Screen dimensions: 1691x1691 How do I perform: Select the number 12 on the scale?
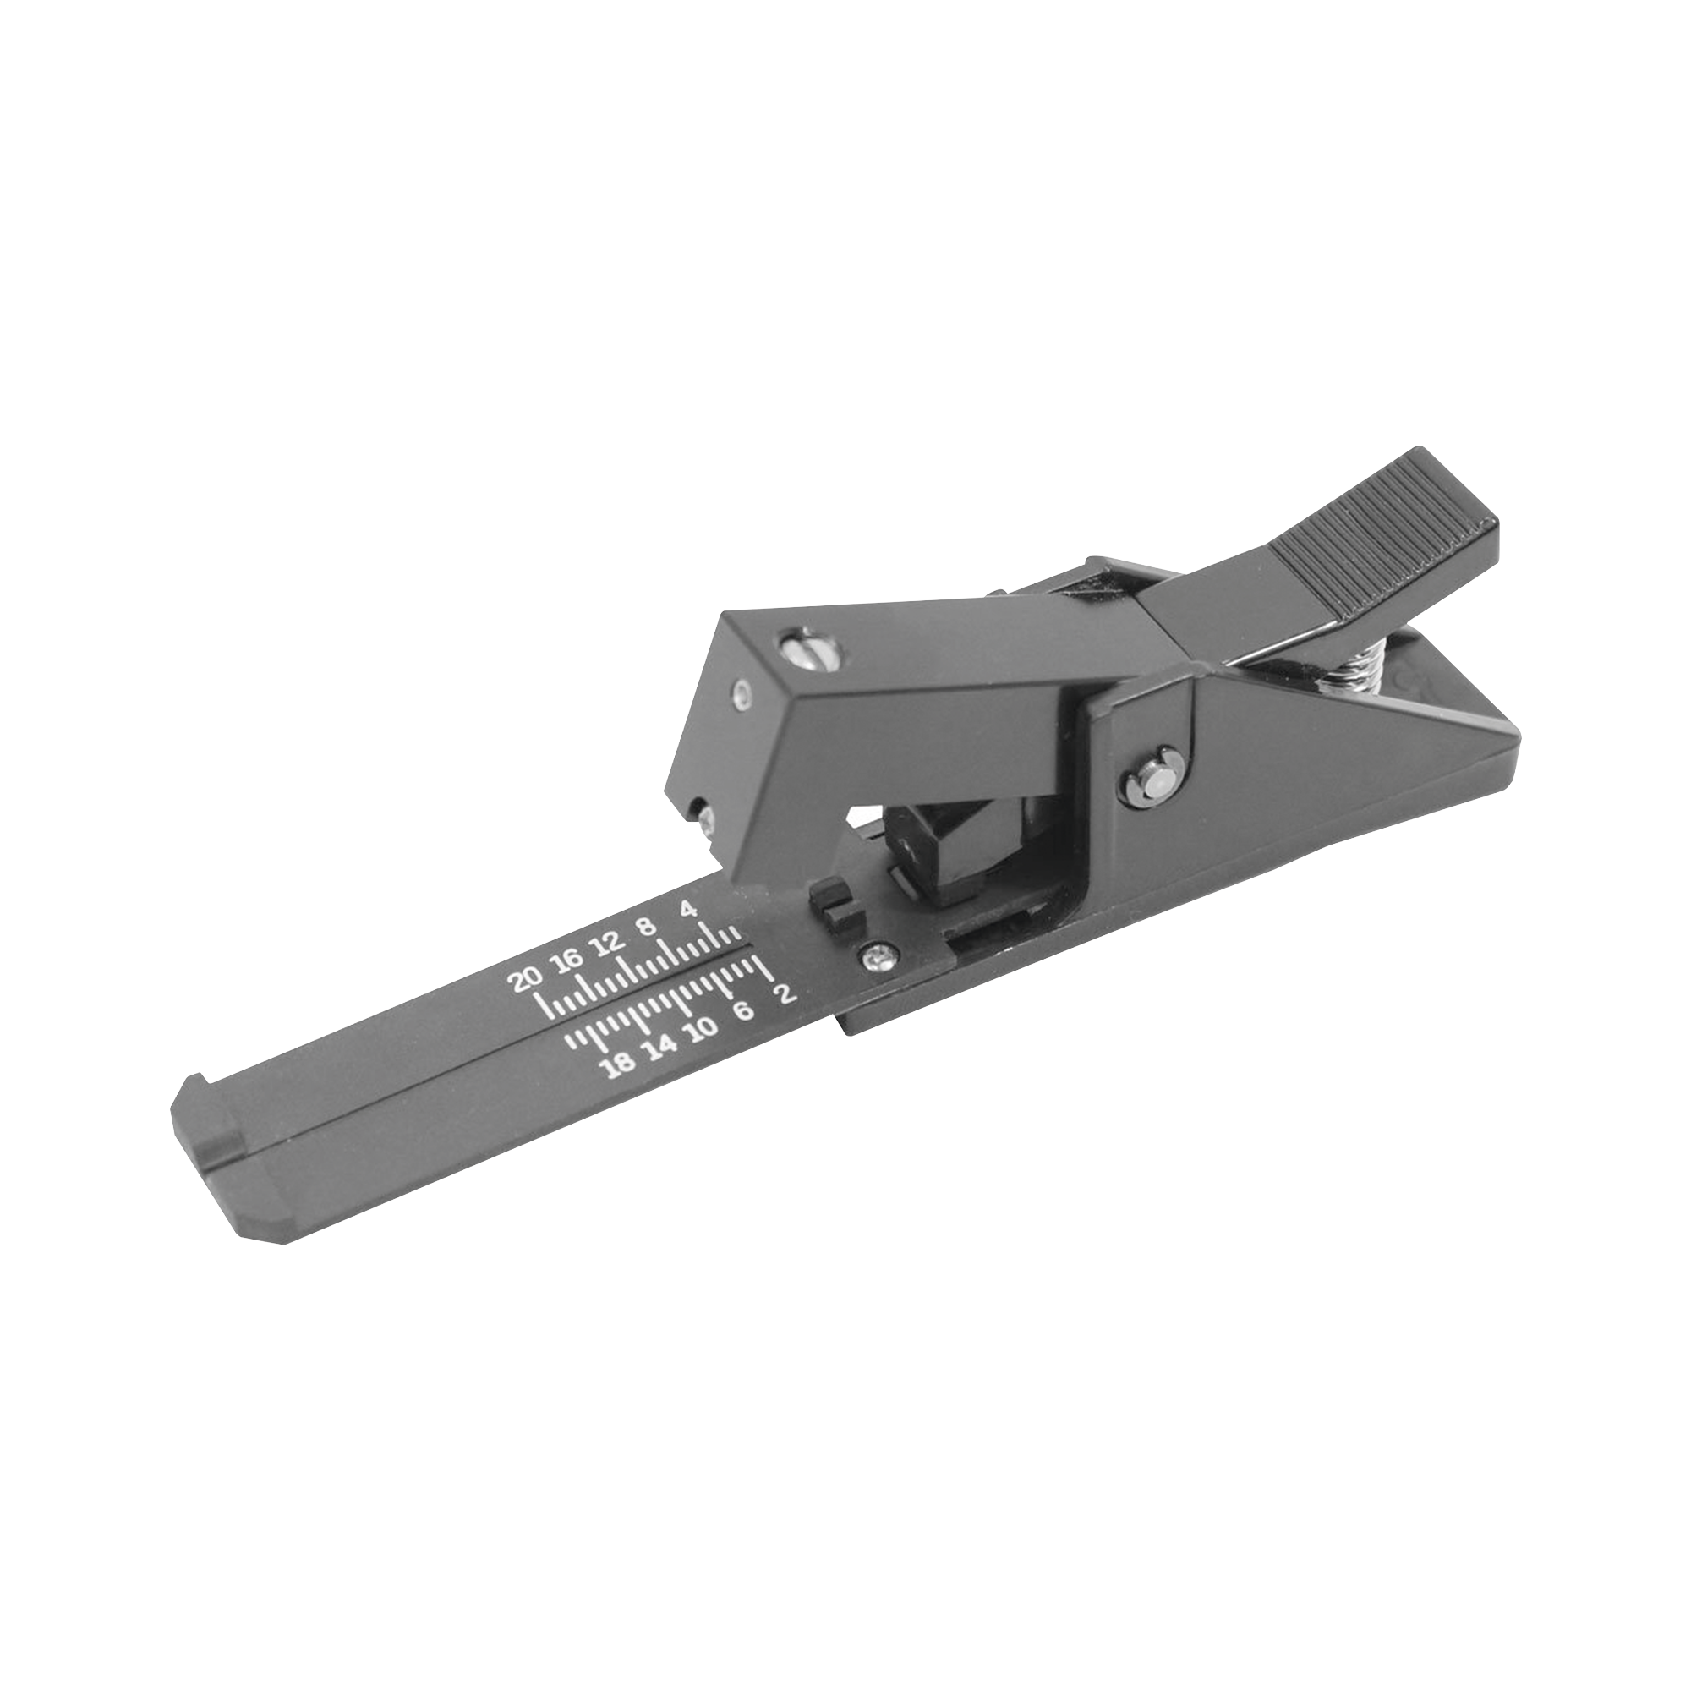coord(606,944)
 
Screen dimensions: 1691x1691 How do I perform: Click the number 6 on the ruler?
coord(743,1010)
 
